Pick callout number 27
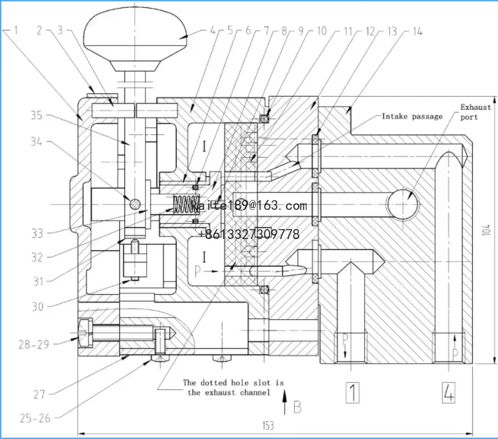pyautogui.click(x=39, y=394)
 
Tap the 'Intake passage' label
pyautogui.click(x=412, y=117)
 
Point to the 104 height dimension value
pyautogui.click(x=487, y=230)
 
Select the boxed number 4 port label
pyautogui.click(x=448, y=393)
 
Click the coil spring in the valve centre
pyautogui.click(x=185, y=206)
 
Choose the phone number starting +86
pyautogui.click(x=248, y=234)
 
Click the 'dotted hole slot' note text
pyautogui.click(x=233, y=388)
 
